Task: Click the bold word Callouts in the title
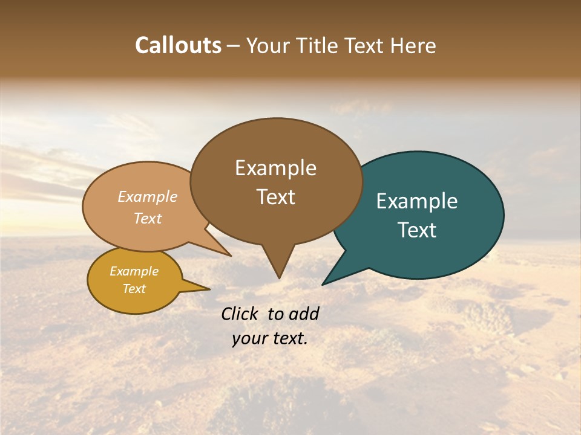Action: [178, 45]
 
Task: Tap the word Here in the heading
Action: [413, 45]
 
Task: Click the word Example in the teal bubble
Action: [417, 201]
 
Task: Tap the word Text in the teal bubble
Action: [417, 230]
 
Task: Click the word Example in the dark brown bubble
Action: [275, 168]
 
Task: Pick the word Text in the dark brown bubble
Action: [275, 197]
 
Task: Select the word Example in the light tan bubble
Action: [148, 196]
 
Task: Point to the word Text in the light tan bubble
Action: [148, 218]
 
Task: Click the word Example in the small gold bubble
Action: [134, 271]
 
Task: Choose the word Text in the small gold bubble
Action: [134, 289]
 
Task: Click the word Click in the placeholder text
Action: [241, 314]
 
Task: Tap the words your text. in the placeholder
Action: [270, 338]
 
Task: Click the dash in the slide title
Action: [234, 46]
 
